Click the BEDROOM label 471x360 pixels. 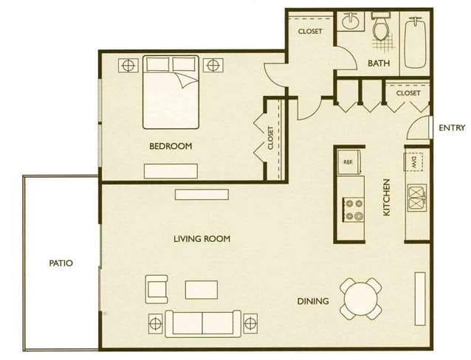pos(171,146)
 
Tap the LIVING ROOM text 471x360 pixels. pos(202,239)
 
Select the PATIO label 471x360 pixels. pos(61,263)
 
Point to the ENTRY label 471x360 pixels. pos(452,128)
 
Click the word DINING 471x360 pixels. pos(313,301)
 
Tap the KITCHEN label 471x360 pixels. pos(387,197)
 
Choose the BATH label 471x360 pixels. pos(379,63)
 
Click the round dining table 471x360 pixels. pos(361,299)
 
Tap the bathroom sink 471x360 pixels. pos(351,21)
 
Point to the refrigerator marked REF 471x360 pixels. pos(349,162)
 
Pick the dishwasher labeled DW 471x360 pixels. pos(413,162)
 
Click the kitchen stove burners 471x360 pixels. pos(353,210)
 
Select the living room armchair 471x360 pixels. pos(157,289)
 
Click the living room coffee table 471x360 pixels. pos(202,290)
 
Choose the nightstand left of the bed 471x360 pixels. pos(128,65)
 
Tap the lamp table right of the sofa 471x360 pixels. pos(250,324)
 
